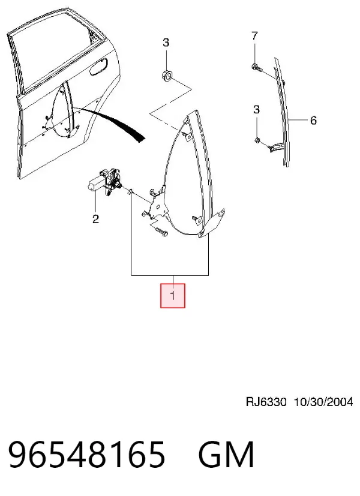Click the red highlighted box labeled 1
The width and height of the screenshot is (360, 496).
(x=172, y=296)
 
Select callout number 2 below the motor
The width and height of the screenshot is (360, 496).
(x=96, y=219)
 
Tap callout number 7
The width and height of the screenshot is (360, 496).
(x=254, y=36)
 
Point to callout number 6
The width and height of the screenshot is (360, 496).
(x=313, y=120)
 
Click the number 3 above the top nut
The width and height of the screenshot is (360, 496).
(x=166, y=43)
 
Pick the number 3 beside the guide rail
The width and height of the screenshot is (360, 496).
(x=256, y=110)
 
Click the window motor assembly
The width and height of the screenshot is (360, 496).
(x=106, y=182)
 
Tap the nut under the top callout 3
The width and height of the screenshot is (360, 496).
(x=166, y=76)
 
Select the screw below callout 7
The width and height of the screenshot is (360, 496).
(x=257, y=67)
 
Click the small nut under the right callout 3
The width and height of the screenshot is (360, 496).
(x=257, y=140)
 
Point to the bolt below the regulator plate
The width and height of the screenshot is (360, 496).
(x=161, y=232)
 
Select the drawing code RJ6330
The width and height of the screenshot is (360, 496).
(x=266, y=402)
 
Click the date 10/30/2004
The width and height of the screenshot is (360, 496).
(x=323, y=402)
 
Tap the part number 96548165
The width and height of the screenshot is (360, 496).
(x=86, y=455)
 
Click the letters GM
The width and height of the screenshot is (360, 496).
(x=226, y=455)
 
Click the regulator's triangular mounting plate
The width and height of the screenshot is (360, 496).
(x=158, y=204)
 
